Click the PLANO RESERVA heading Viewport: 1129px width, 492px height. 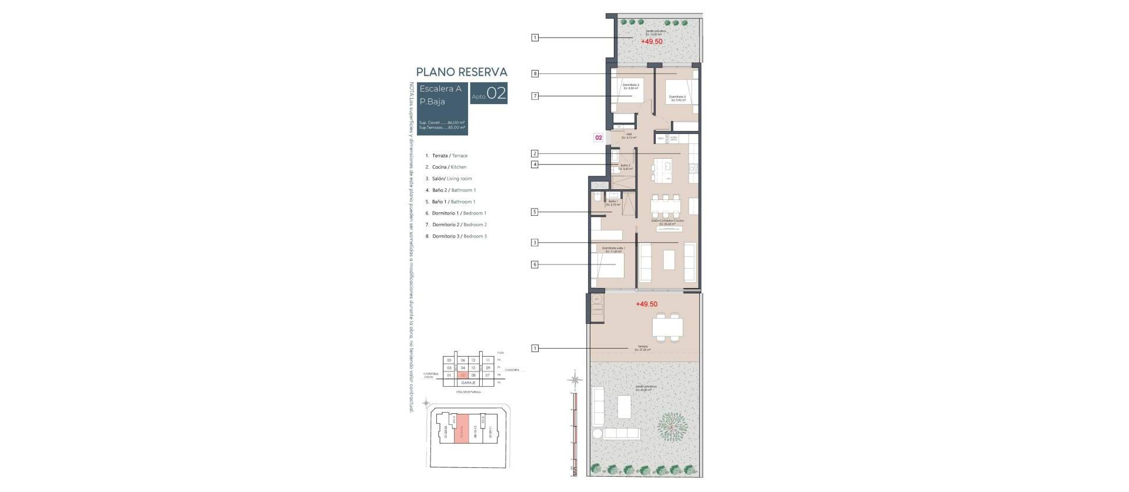click(461, 72)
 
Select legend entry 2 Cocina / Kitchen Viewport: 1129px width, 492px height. click(449, 167)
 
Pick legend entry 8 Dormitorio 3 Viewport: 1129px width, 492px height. click(459, 236)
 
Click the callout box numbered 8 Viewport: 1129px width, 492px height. click(535, 74)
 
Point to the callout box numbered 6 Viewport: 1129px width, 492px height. click(535, 265)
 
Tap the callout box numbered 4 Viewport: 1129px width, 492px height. click(535, 165)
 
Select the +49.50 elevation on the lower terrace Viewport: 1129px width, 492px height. click(646, 304)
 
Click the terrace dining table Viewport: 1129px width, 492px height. click(668, 326)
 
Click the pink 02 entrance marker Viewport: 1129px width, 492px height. click(599, 138)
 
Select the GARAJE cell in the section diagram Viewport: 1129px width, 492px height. click(469, 383)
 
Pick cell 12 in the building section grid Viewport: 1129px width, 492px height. click(473, 360)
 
